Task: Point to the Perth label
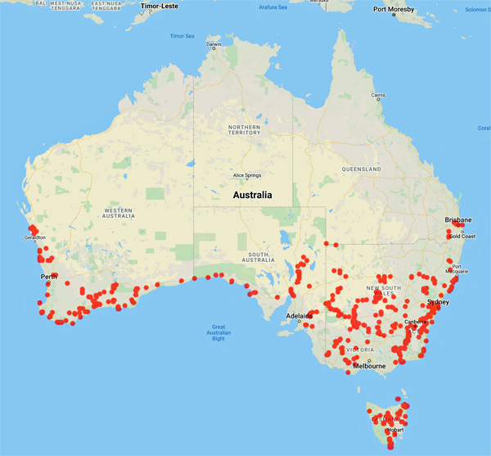(47, 277)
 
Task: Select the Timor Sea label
(182, 36)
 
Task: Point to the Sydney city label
(435, 301)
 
